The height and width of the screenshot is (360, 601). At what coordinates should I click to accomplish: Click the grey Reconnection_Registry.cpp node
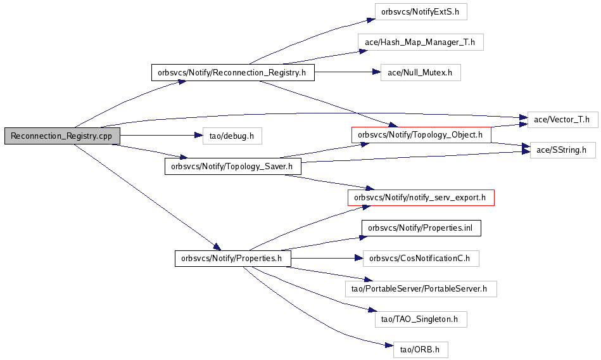click(x=61, y=136)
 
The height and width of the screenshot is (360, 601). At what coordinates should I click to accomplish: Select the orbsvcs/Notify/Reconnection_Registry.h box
click(x=232, y=72)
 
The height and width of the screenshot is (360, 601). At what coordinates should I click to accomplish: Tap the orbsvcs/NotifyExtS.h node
click(x=421, y=11)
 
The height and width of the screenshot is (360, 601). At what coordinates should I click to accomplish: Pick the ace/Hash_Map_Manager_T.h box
click(x=421, y=42)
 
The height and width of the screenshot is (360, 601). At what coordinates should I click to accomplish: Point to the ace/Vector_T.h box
click(x=562, y=119)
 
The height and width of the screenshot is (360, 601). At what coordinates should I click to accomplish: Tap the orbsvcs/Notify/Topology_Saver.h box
click(x=232, y=166)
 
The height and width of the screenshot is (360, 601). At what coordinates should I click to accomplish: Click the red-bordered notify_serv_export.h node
click(x=421, y=197)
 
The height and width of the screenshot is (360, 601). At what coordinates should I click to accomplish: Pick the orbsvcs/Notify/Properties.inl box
click(x=421, y=228)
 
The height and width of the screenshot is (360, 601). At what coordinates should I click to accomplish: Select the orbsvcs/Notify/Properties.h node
click(x=232, y=258)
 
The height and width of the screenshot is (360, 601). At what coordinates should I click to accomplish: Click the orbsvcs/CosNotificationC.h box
click(x=421, y=258)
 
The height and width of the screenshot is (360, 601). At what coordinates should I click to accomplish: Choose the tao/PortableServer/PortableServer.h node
click(x=421, y=288)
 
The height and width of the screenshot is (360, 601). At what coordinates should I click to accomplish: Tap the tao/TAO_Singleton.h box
click(x=421, y=319)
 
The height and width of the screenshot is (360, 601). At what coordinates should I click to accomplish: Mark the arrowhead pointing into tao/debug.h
click(x=198, y=136)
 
